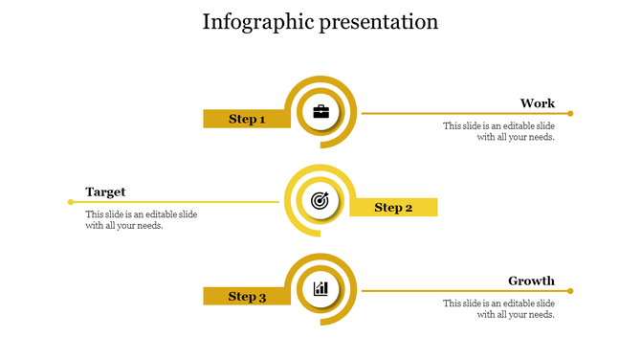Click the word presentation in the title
380,22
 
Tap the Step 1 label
247,119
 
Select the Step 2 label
393,207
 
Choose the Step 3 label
247,296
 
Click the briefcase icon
320,112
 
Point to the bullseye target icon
320,201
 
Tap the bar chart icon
320,288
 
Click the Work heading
537,103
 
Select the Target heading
105,191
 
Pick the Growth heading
531,281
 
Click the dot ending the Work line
570,113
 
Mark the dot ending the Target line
71,202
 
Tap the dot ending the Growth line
570,290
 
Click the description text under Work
498,131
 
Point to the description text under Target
141,220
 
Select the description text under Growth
498,308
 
